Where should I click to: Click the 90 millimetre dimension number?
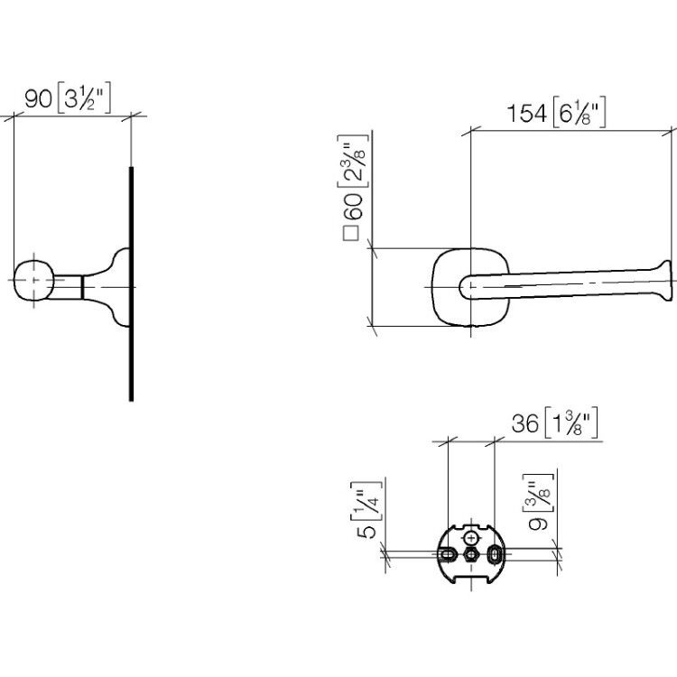39,99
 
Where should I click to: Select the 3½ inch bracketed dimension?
84,97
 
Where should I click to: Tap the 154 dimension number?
526,114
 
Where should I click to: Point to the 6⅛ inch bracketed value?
579,112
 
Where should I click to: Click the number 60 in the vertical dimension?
352,207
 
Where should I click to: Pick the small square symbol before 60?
350,233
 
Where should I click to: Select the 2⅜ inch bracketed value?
353,161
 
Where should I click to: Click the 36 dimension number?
525,423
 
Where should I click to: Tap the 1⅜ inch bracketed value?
571,422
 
